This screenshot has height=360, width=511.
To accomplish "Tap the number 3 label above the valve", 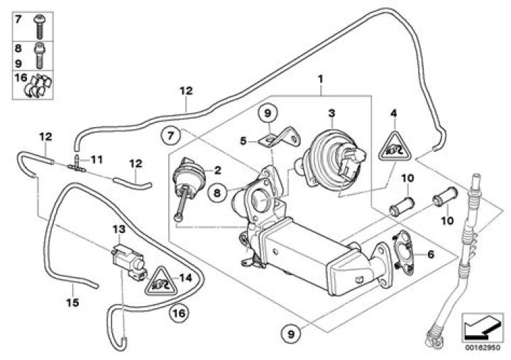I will tap(331, 113).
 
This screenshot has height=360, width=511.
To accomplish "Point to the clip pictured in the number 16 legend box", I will tap(41, 85).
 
